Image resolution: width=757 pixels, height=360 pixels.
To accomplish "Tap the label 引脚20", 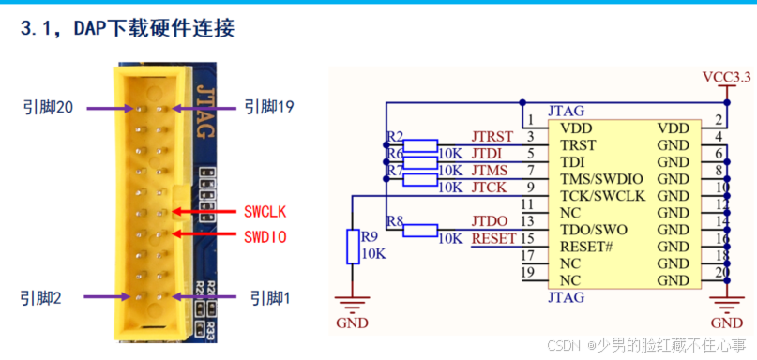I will (x=48, y=108).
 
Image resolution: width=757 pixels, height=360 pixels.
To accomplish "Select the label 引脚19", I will (x=269, y=108).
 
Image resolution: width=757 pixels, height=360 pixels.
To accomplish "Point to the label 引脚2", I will (x=43, y=297).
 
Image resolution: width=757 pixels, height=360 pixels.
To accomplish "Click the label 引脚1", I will (x=271, y=297).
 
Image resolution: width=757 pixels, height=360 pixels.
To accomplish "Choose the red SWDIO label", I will (x=265, y=236).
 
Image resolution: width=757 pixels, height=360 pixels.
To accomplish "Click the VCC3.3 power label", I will (x=726, y=77).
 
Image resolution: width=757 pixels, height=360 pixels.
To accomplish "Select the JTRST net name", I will (x=492, y=137).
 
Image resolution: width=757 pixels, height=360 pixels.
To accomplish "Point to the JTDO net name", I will (x=491, y=221).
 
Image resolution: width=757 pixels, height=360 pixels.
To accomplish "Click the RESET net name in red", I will (x=493, y=238).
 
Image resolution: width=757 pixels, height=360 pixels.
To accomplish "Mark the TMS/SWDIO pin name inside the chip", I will (x=601, y=179).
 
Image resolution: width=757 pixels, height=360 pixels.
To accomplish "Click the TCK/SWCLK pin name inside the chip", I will (x=602, y=196).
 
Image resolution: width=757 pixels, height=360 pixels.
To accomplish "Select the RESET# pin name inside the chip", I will (x=586, y=247).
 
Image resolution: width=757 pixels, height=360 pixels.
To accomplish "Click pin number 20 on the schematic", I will (x=719, y=273).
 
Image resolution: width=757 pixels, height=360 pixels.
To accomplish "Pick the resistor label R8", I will (x=394, y=222).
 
